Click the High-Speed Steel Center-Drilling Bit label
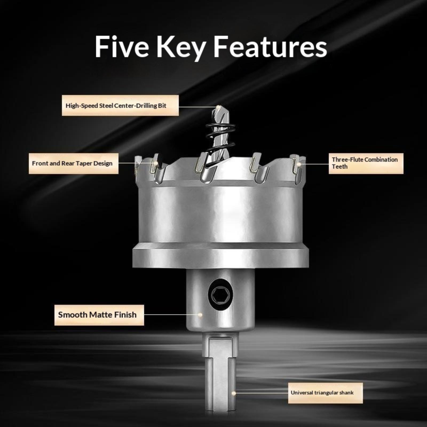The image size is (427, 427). pos(120,105)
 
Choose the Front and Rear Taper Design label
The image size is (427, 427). pos(73,163)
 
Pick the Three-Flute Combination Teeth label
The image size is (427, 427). pos(366,163)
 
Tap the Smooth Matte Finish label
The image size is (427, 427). pos(99,315)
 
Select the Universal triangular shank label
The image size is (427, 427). pos(325,393)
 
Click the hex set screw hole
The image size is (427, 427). pos(220,295)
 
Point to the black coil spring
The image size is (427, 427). pos(220,136)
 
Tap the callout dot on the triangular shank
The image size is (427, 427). pos(233,393)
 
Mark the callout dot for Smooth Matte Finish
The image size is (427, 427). pos(200,315)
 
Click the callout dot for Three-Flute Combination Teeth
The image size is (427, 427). pos(299,164)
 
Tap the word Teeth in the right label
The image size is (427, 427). pos(340,167)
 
